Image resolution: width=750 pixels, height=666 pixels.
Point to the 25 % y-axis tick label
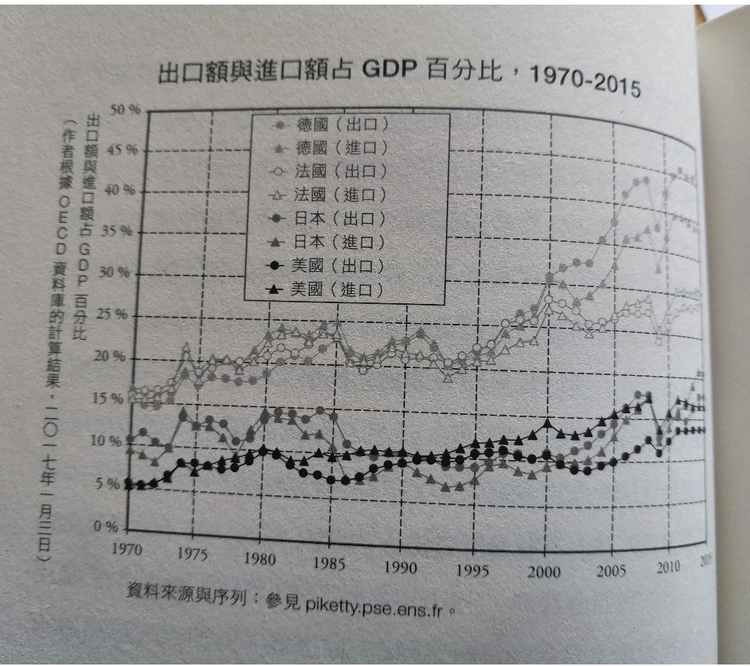121,314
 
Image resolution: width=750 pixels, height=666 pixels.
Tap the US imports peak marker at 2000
546,422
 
